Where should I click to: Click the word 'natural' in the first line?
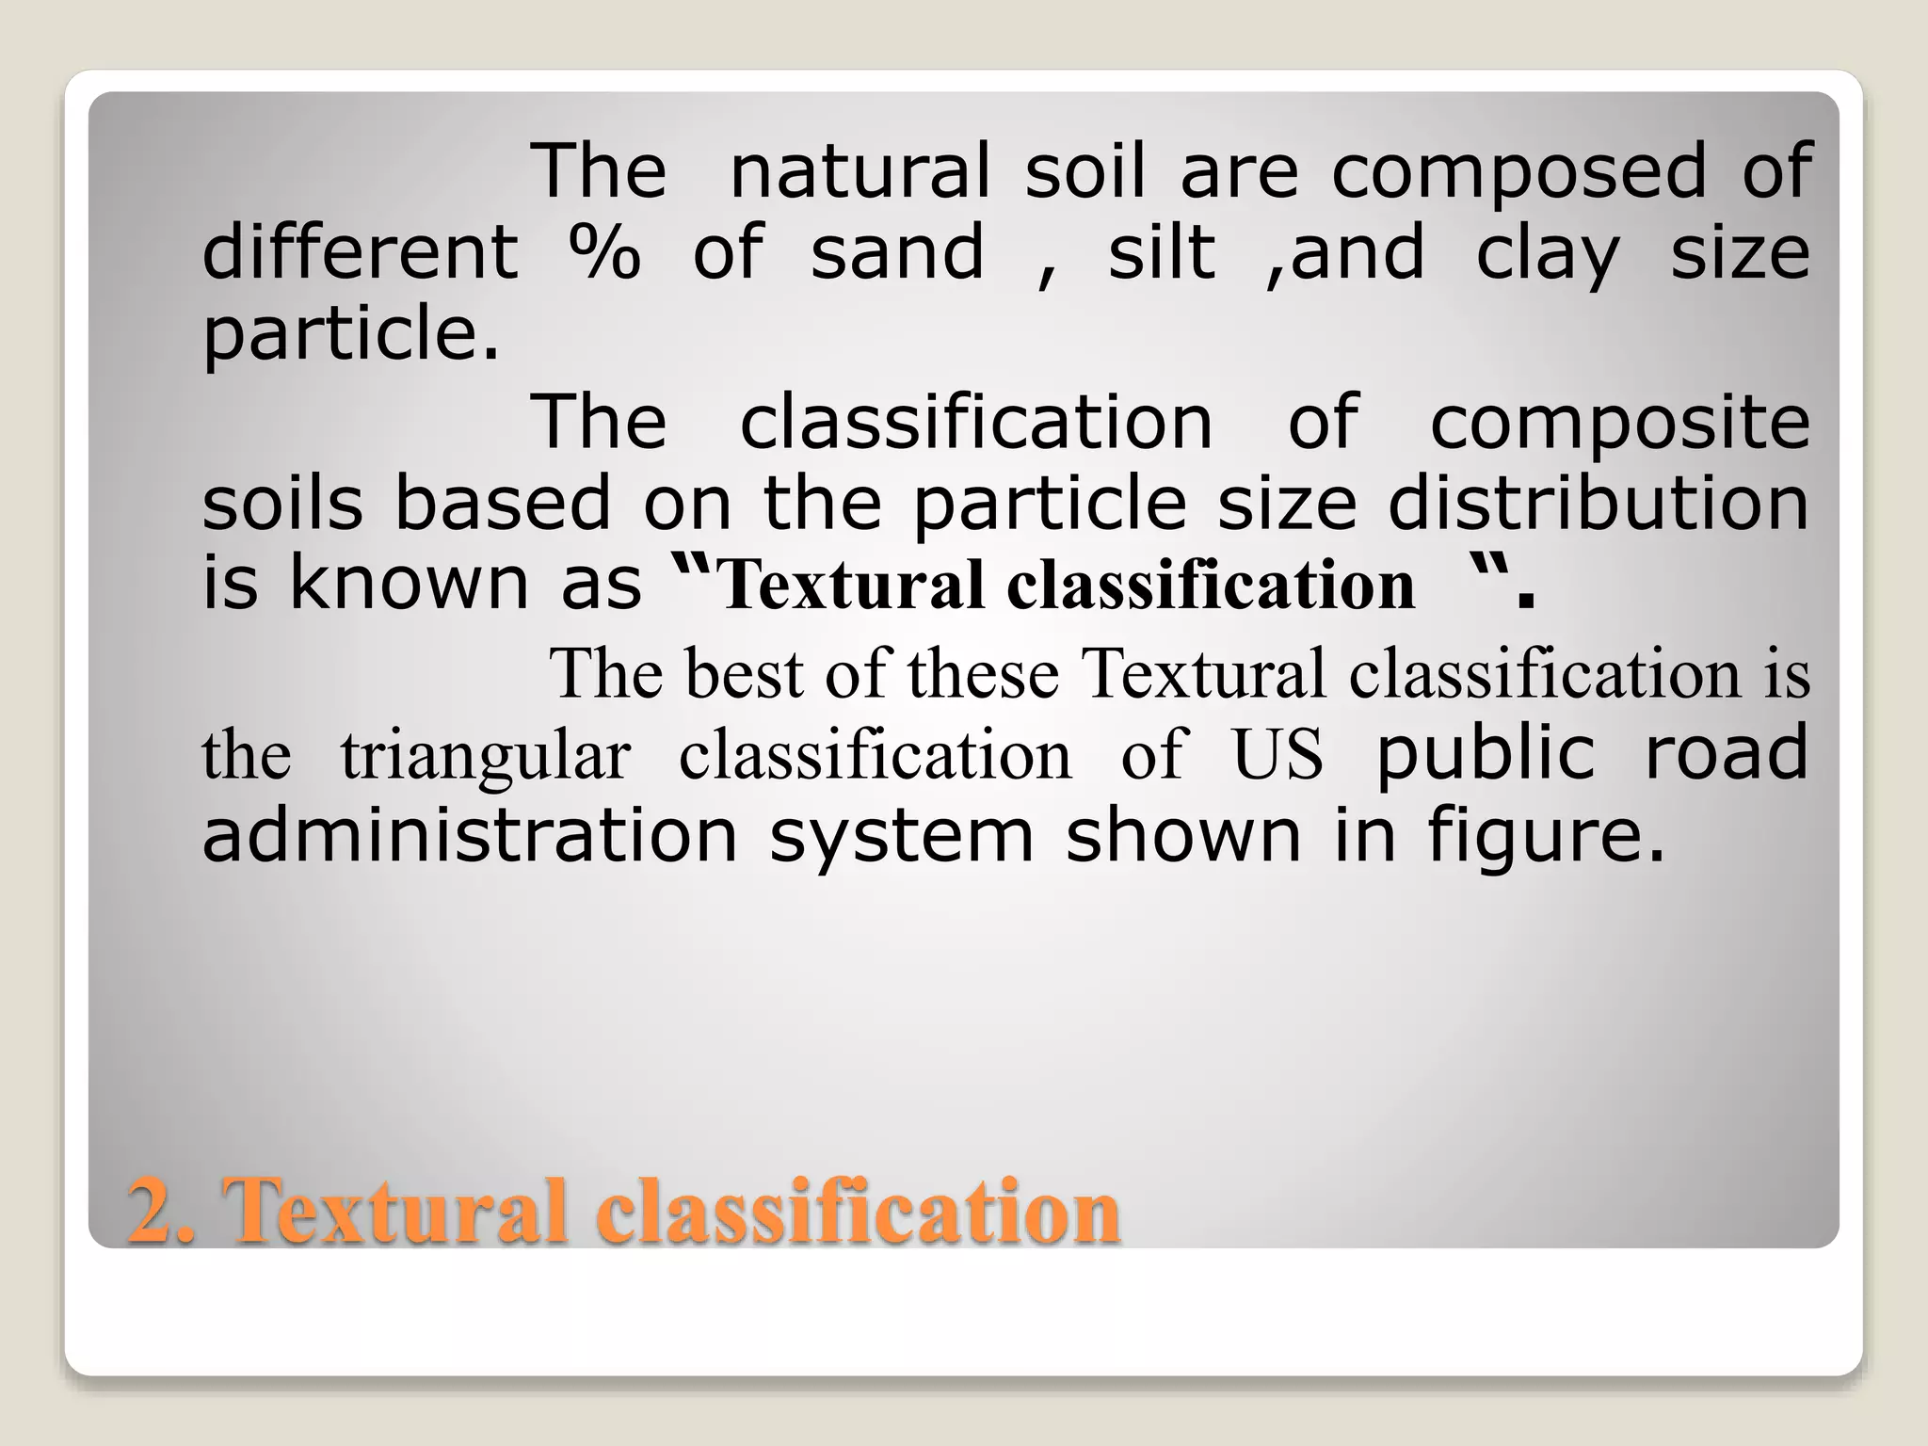tap(860, 171)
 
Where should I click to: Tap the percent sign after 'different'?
tap(604, 252)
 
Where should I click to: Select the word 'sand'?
tap(897, 252)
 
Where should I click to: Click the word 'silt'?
tap(1161, 252)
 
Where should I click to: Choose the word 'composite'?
tap(1619, 424)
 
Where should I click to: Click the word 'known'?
tap(409, 584)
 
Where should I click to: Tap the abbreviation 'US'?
tap(1277, 756)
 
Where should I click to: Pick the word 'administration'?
tap(470, 836)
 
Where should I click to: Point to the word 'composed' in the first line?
tap(1518, 173)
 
